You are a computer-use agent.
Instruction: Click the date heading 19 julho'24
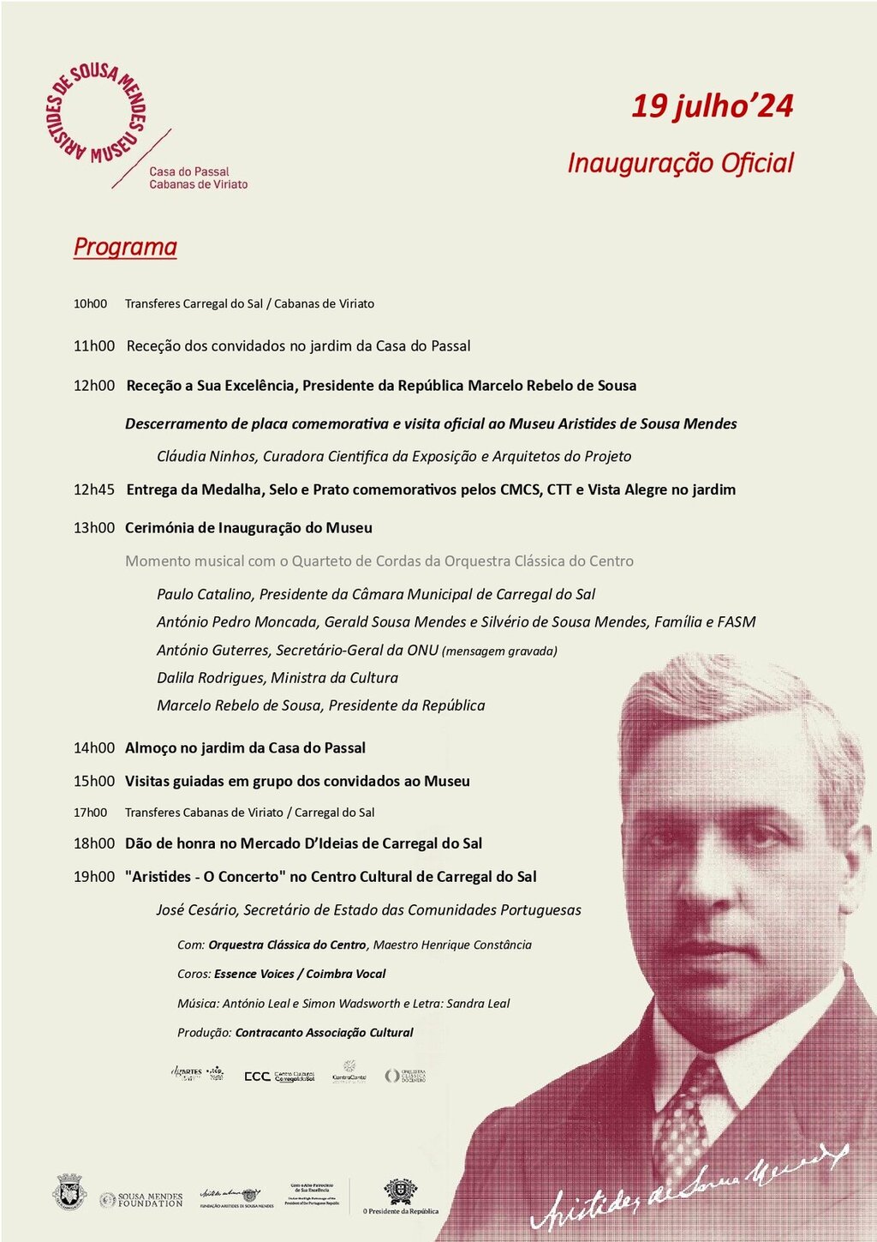point(712,106)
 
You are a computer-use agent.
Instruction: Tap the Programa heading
point(125,247)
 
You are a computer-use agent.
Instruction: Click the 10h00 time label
point(90,303)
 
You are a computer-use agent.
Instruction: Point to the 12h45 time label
point(93,489)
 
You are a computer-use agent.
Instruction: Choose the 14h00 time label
point(93,747)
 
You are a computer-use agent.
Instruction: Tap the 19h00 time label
point(93,876)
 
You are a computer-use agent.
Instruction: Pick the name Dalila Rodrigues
point(211,677)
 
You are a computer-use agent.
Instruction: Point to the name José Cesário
point(196,909)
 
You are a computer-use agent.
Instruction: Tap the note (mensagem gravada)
point(499,651)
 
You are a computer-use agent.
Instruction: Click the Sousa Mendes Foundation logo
point(141,1199)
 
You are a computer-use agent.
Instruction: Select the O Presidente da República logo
point(400,1197)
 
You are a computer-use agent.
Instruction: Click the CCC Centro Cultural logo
point(280,1076)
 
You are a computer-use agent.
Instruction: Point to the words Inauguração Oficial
point(680,163)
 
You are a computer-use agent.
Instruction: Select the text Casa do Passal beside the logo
point(189,171)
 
